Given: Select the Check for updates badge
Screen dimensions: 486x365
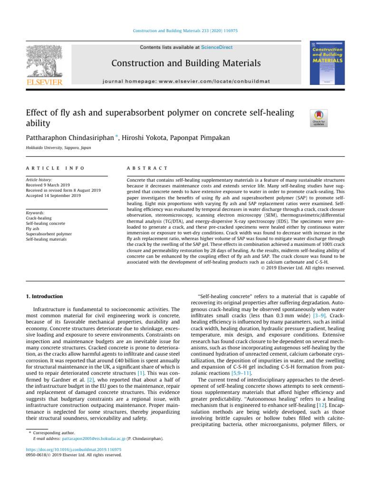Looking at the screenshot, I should (x=318, y=118).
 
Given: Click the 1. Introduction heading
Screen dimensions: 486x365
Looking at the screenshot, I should (x=43, y=297).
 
